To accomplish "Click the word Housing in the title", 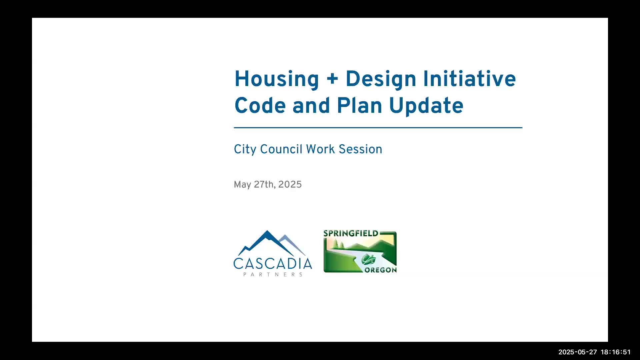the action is coord(277,80).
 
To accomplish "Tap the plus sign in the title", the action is coord(332,79).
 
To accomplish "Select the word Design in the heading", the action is coord(381,80).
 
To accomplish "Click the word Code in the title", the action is coord(260,105).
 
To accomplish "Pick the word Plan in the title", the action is coord(359,105).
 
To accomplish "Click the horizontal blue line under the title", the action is coord(378,127).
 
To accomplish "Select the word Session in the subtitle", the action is coord(360,149).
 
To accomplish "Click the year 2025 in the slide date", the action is coord(290,185).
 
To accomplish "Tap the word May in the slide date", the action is coord(242,185).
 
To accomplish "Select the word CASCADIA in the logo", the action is coord(273,264).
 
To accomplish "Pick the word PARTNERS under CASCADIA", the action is coord(273,274).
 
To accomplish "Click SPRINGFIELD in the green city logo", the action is coord(351,233).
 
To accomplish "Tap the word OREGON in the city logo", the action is coord(380,270).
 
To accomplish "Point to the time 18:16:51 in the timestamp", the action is coord(616,352).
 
